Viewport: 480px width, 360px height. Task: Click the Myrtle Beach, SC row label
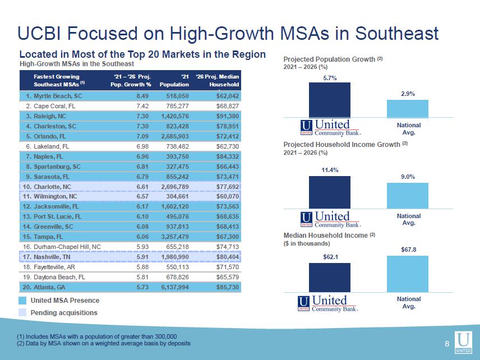(54, 96)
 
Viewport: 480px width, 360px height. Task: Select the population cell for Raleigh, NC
(175, 116)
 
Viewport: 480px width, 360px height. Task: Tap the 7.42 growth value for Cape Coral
(142, 106)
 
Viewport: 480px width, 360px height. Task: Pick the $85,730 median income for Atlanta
(228, 287)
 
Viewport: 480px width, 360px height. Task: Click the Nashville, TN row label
(47, 257)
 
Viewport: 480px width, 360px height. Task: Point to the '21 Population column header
(174, 80)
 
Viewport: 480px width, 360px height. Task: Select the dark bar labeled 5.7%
(330, 100)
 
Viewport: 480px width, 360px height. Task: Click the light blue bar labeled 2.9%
(408, 109)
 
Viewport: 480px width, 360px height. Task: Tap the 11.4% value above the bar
(330, 170)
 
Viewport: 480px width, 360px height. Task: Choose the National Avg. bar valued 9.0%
(408, 196)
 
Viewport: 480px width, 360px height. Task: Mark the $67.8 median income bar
(408, 274)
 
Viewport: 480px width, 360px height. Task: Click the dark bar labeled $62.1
(330, 278)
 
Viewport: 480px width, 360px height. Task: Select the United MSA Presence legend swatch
(22, 301)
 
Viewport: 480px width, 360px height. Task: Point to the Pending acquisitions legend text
(64, 312)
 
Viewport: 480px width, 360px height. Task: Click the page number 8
(447, 344)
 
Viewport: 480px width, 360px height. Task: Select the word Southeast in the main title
(397, 33)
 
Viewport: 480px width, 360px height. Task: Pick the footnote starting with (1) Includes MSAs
(97, 336)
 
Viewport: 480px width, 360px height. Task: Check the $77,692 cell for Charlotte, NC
(228, 187)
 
